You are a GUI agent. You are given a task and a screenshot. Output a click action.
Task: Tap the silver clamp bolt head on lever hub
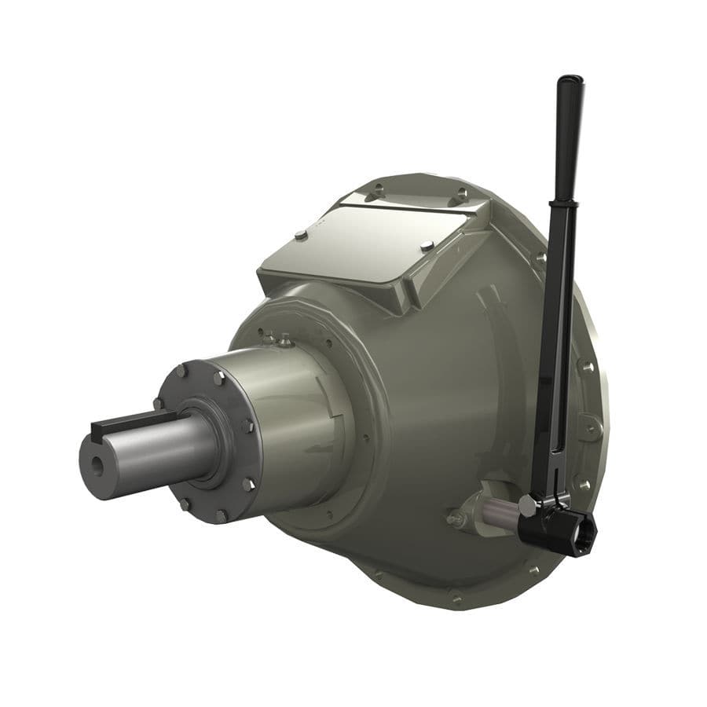point(528,507)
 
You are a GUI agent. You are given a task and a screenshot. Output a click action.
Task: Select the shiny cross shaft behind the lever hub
point(498,515)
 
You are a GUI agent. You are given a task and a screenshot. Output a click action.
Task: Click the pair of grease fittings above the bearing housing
point(278,339)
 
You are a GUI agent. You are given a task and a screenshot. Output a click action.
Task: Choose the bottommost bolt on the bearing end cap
point(222,516)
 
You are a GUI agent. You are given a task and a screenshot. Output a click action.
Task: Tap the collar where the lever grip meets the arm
point(568,203)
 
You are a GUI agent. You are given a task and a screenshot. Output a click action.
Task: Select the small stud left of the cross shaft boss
point(455,518)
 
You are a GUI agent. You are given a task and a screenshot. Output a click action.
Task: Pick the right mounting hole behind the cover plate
point(462,192)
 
